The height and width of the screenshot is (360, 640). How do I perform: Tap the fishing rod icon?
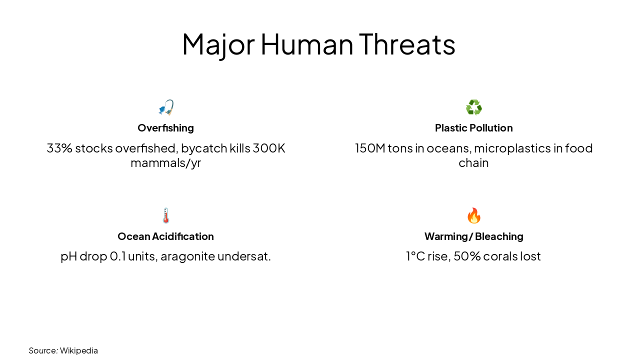(166, 107)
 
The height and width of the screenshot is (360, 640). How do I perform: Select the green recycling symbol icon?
(473, 107)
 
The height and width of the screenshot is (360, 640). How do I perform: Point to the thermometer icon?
(166, 216)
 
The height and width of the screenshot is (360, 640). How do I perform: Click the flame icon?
(473, 216)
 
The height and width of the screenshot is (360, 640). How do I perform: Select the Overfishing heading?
(165, 128)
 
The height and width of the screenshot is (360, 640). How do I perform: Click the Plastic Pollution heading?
(473, 128)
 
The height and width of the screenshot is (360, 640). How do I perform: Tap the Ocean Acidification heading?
(165, 236)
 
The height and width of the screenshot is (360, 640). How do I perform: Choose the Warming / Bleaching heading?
(473, 236)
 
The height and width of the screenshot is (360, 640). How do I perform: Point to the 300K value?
(269, 148)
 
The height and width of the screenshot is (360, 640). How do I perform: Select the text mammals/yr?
(165, 163)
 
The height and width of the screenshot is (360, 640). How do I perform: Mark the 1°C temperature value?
(415, 256)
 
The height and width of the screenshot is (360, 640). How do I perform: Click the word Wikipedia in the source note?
(79, 350)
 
